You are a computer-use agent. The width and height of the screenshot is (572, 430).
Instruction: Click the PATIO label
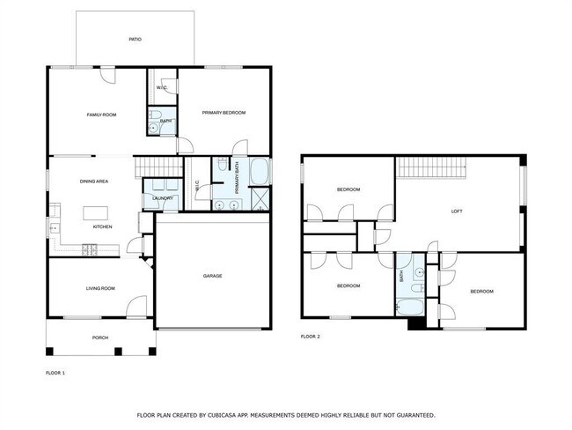pyautogui.click(x=135, y=40)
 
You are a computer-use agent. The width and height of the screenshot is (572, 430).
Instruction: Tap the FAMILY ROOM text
pyautogui.click(x=101, y=115)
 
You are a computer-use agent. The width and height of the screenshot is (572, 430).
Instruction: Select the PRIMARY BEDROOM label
pyautogui.click(x=223, y=113)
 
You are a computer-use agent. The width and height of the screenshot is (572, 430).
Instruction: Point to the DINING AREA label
pyautogui.click(x=94, y=181)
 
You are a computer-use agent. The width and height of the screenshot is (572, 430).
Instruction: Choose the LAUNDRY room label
pyautogui.click(x=161, y=198)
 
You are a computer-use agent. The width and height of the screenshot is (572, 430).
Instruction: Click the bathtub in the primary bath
pyautogui.click(x=260, y=172)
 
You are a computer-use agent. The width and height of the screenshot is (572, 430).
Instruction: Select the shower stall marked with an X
pyautogui.click(x=260, y=198)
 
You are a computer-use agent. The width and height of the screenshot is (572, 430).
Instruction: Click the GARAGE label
pyautogui.click(x=212, y=276)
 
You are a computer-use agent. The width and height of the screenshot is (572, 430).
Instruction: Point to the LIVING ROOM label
pyautogui.click(x=100, y=288)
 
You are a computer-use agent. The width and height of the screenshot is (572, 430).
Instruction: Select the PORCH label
pyautogui.click(x=100, y=337)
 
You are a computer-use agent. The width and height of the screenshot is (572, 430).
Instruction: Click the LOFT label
pyautogui.click(x=457, y=211)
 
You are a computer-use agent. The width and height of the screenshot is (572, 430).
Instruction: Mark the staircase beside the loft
pyautogui.click(x=430, y=167)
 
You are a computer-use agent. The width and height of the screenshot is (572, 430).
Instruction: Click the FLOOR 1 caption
pyautogui.click(x=55, y=373)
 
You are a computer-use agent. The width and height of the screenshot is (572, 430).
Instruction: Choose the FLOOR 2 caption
pyautogui.click(x=311, y=337)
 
